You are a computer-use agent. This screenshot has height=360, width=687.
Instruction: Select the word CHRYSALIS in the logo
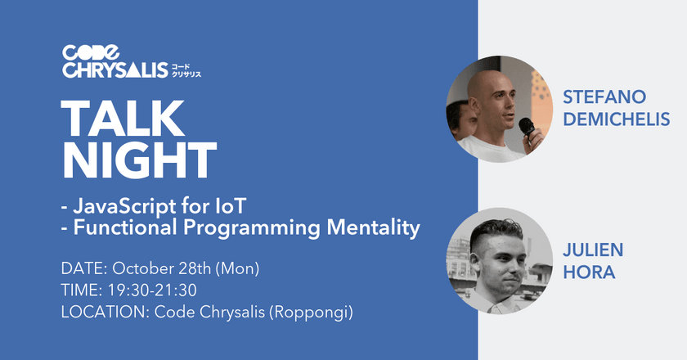point(114,72)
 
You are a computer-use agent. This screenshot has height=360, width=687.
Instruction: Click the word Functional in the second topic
point(122,229)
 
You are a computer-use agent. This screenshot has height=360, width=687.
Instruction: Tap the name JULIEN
point(589,248)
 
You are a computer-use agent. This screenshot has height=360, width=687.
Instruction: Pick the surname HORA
point(585,271)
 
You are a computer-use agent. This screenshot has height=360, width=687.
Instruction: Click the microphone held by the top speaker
point(528,127)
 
